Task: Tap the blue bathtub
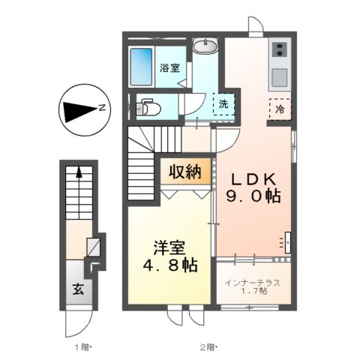tap(141, 65)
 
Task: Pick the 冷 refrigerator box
tap(278, 107)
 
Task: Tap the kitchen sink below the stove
tap(279, 76)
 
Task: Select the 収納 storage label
tap(185, 173)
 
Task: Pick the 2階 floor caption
tap(208, 346)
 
